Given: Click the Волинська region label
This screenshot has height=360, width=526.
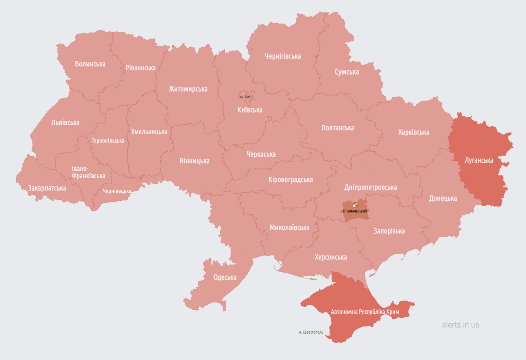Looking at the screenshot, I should [x=90, y=64].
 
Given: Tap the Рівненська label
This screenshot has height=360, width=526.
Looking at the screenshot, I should [x=140, y=68].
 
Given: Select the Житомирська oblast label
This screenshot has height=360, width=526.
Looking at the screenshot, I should [x=188, y=89].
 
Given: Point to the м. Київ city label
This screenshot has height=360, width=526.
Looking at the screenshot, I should [x=246, y=97].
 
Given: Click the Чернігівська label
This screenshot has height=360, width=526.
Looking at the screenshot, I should [x=283, y=56].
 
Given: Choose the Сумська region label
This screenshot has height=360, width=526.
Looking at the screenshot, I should [x=347, y=72].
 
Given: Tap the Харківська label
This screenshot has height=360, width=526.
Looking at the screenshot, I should [x=413, y=132].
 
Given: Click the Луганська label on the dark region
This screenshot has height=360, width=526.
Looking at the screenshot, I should [x=479, y=160].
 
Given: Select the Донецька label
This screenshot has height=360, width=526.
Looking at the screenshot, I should [x=443, y=198].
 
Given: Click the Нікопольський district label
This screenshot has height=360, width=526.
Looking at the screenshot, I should [x=355, y=211].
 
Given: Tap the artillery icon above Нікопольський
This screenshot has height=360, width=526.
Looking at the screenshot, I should [x=355, y=205].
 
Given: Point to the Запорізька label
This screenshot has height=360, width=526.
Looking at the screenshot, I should [x=389, y=231].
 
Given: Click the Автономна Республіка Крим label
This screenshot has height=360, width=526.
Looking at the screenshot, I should [x=365, y=312].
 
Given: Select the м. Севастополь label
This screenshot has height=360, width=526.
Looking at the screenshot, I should [x=311, y=332].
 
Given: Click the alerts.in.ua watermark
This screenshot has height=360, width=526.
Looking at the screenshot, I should [x=460, y=325].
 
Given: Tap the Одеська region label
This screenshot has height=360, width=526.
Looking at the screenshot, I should [x=225, y=277].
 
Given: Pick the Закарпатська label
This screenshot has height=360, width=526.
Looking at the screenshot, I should [x=47, y=188].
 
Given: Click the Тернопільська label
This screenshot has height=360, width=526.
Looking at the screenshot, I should [x=108, y=141].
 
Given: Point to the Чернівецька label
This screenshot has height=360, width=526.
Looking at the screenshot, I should [x=117, y=191].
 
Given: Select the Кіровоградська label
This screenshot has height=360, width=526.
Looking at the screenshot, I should [x=291, y=180].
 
